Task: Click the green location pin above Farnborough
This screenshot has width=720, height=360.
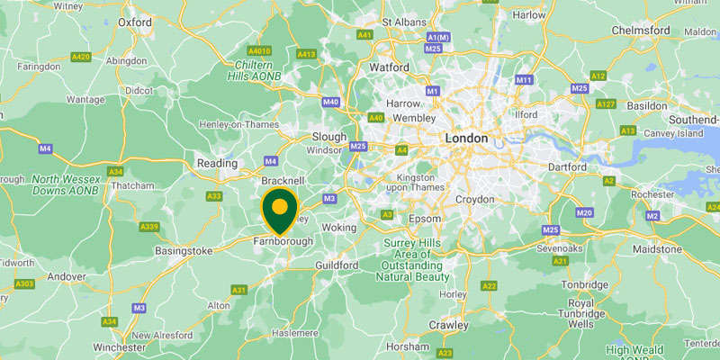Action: pos(280,208)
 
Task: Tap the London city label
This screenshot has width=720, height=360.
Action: pos(466,139)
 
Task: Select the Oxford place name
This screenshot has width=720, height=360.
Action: pos(134,22)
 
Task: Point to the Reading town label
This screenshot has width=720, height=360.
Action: pos(216,163)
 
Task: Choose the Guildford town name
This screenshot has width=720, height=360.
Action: pos(337,265)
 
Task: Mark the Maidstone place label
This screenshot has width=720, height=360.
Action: pos(660,247)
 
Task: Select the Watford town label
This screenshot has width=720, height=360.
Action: pos(389,67)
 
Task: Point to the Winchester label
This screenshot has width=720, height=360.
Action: pos(119,346)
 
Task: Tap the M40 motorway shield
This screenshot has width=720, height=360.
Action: pos(330,102)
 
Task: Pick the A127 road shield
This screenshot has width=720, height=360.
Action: pos(606,104)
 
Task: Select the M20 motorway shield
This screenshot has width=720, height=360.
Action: pos(584,212)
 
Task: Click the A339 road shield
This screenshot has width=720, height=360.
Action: pos(150,226)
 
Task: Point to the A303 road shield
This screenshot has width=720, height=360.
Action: pos(24,284)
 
